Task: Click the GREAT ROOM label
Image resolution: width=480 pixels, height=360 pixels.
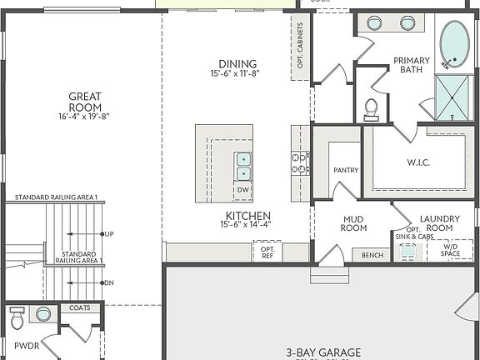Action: coord(84,102)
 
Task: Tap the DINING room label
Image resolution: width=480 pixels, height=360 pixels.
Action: coord(237,64)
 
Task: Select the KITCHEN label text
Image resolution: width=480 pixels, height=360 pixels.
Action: coord(245,215)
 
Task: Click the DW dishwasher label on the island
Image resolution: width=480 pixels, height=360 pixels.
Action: coord(242,190)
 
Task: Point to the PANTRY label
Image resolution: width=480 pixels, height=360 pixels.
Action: coord(346,171)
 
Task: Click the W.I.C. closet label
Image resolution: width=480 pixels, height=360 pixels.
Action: coord(418,162)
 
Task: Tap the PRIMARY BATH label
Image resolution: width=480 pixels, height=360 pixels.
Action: coord(412,64)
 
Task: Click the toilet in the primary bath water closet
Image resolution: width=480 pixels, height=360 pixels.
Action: coord(372,107)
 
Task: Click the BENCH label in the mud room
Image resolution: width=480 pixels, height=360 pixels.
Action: coord(372,255)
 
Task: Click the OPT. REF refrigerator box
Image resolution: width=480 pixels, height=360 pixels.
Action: coord(267,251)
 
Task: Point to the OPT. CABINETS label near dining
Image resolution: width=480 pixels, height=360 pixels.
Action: coord(300,46)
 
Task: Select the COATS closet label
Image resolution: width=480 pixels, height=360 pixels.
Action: coord(80,307)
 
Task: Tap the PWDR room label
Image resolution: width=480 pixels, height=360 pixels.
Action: coord(27,345)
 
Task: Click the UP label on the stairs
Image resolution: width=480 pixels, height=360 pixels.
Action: coord(109,234)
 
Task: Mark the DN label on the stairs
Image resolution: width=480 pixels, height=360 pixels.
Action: coord(109,282)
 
